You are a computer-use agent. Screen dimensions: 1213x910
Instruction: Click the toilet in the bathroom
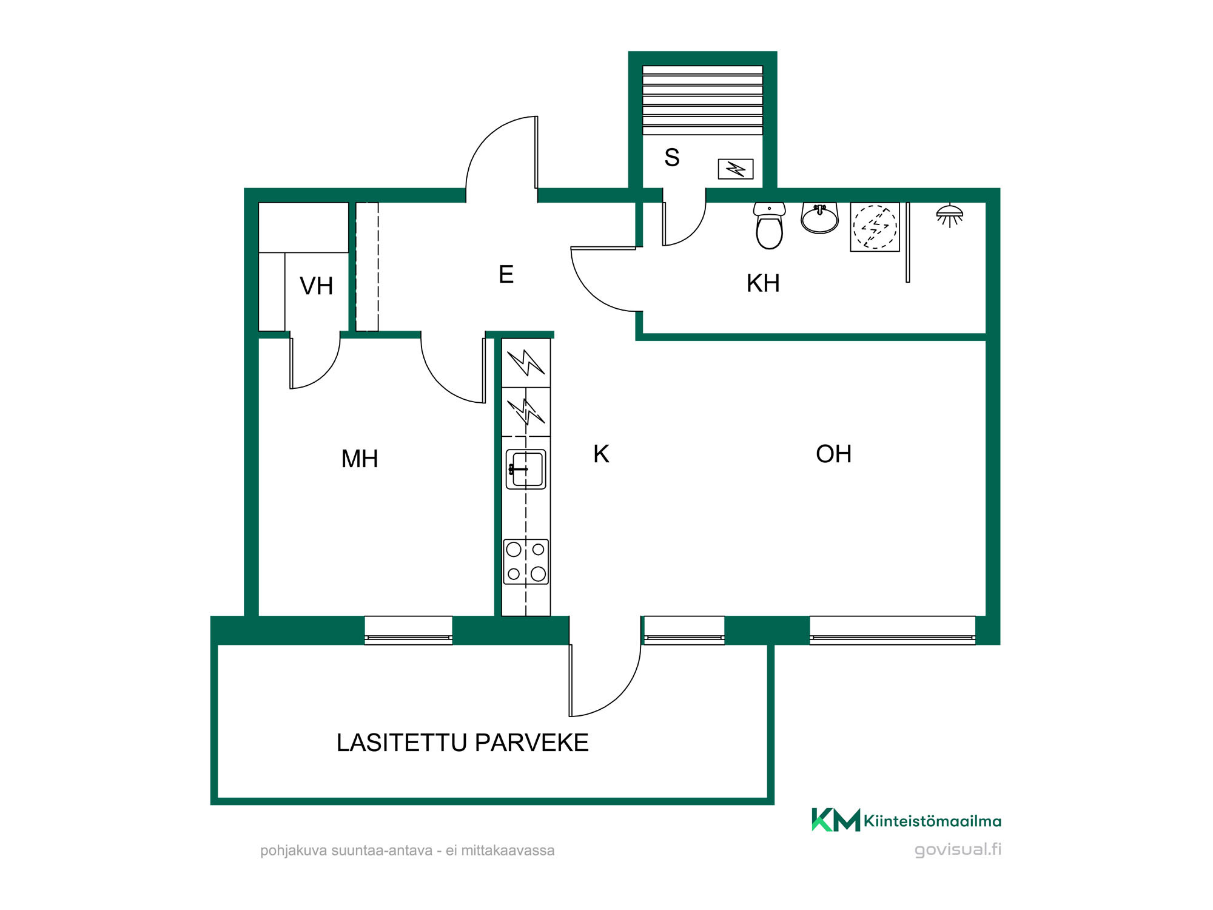[x=770, y=226]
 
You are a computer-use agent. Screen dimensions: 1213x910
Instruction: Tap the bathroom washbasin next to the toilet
[x=819, y=218]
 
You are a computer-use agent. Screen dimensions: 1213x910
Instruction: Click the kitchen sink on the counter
[x=526, y=469]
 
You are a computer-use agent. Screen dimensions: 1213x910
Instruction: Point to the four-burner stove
[x=526, y=562]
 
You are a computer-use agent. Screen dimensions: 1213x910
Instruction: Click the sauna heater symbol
[x=736, y=169]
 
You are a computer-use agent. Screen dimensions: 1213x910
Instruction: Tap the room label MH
[x=360, y=459]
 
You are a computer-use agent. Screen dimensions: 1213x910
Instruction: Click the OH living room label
[x=833, y=454]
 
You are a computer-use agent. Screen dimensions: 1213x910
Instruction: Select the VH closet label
[x=317, y=286]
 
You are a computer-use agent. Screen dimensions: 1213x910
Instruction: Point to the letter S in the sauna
[x=672, y=158]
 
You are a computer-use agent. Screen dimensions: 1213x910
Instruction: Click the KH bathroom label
[x=763, y=283]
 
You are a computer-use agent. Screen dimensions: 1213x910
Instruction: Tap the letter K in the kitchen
[x=601, y=454]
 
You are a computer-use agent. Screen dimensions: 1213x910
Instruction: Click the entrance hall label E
[x=506, y=274]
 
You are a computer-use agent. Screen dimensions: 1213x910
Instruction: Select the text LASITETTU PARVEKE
[x=463, y=743]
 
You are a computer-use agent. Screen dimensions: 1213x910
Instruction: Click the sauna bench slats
[x=702, y=100]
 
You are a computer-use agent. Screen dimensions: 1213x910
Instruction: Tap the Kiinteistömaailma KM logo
[x=906, y=820]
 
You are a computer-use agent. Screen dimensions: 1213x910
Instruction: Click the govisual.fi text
[x=958, y=849]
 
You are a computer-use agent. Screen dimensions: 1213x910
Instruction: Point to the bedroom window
[x=408, y=630]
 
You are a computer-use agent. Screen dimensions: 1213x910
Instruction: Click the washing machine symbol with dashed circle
[x=875, y=227]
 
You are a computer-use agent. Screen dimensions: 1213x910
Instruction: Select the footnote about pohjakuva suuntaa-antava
[x=408, y=851]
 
